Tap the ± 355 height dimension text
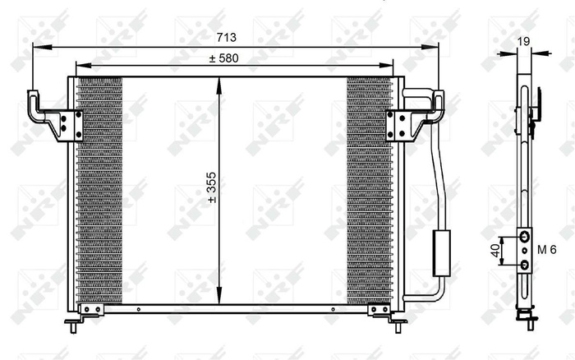211,187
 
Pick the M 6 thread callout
547,250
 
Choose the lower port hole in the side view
523,265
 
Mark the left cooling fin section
99,189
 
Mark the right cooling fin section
369,189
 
